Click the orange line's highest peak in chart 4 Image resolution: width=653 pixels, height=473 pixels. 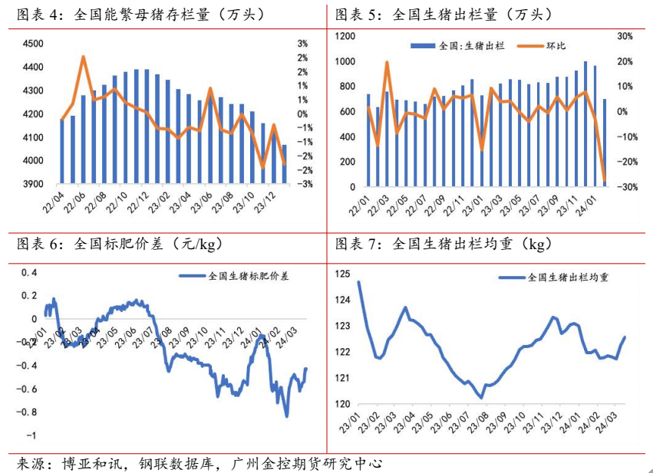coord(83,56)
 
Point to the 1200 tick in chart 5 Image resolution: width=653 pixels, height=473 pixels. coord(345,36)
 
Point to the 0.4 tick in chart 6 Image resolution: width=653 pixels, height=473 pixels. coord(28,272)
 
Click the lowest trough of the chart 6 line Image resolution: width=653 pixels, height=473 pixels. coord(287,416)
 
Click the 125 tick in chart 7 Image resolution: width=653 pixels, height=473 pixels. coord(343,274)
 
